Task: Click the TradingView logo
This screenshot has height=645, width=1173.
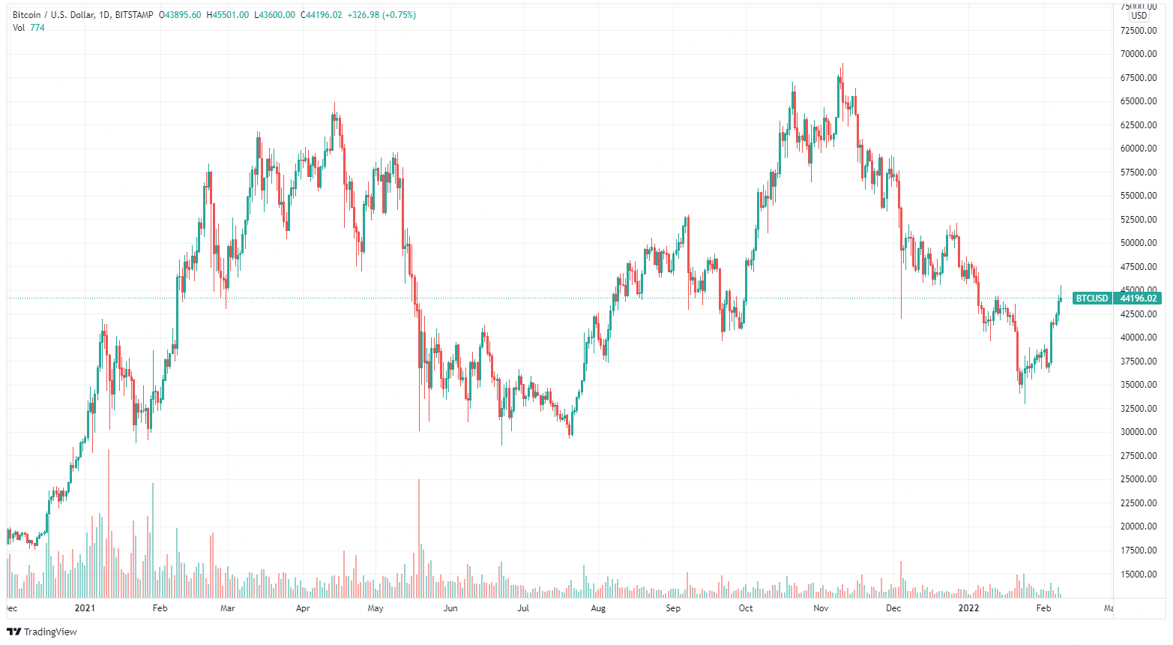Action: [42, 631]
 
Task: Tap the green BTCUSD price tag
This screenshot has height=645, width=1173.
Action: [1091, 298]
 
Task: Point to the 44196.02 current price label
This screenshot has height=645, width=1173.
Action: [1139, 298]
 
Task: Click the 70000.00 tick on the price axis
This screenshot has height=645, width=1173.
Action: [1139, 54]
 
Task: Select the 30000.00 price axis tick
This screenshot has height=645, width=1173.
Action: [1139, 432]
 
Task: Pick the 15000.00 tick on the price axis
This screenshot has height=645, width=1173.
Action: [1139, 574]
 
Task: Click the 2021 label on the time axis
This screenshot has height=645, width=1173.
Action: [85, 608]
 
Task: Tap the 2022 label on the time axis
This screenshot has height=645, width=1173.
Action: [969, 608]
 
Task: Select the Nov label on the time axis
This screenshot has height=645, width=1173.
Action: [821, 608]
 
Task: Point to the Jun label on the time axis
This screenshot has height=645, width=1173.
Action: [450, 608]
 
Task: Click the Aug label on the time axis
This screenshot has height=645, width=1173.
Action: [598, 608]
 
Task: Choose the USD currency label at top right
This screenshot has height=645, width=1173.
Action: [1139, 16]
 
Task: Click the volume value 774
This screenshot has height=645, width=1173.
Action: [37, 28]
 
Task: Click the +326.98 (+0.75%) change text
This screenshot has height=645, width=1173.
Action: [382, 15]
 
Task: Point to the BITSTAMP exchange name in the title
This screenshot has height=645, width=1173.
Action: [135, 15]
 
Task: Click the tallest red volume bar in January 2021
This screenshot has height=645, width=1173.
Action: [109, 525]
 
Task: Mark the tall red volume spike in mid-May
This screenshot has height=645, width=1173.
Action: [419, 540]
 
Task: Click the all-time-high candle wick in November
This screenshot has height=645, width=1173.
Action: [842, 67]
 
